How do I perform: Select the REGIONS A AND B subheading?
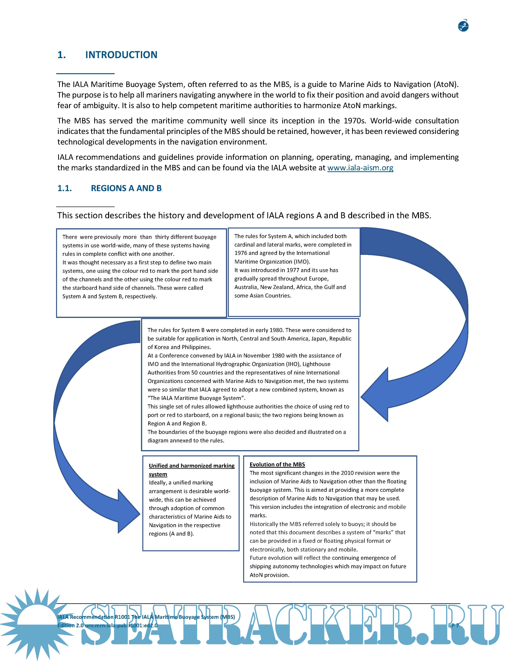click(x=126, y=188)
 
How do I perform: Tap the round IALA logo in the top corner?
click(x=463, y=26)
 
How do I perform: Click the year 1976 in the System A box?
click(x=241, y=253)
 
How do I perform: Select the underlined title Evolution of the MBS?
click(x=277, y=464)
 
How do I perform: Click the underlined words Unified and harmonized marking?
click(x=191, y=466)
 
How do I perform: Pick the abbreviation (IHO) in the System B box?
click(x=293, y=364)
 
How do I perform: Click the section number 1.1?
click(x=65, y=188)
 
